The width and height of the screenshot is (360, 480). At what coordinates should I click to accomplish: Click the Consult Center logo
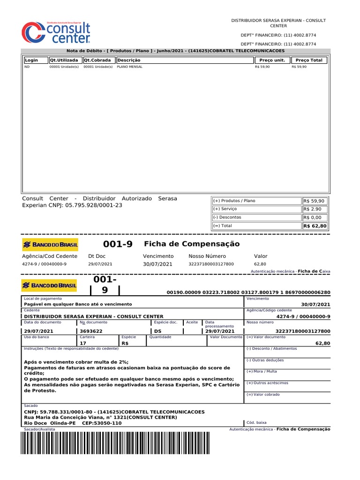[56, 32]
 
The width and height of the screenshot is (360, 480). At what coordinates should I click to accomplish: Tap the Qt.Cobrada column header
[97, 60]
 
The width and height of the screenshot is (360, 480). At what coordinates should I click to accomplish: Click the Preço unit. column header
[272, 60]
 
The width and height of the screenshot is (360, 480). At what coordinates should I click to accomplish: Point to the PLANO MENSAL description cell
[129, 67]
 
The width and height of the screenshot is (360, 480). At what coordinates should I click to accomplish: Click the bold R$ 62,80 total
[315, 226]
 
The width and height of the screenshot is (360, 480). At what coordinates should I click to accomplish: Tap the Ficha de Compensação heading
[191, 244]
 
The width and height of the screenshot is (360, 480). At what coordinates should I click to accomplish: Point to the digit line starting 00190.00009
[248, 292]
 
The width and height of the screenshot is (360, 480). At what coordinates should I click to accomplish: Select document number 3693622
[91, 331]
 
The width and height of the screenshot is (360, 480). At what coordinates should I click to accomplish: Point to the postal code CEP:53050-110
[102, 423]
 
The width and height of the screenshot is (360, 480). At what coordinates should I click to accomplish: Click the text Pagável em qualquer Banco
[78, 305]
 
